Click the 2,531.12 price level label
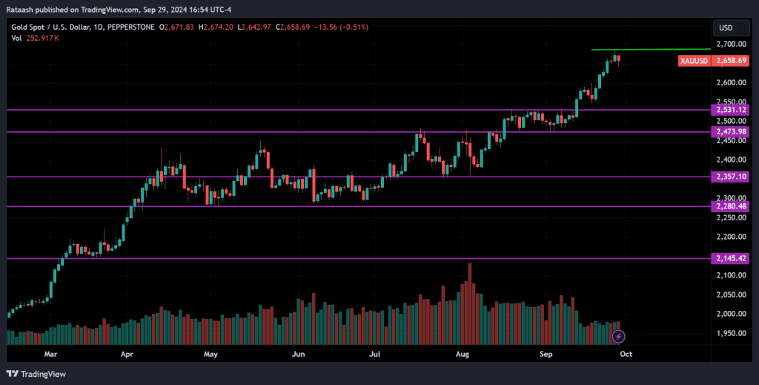coord(731,110)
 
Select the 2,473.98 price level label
coord(731,132)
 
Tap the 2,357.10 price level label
coord(731,177)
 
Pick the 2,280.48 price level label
coord(731,206)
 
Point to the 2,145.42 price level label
coord(731,258)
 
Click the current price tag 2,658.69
coord(731,60)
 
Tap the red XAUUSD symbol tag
coord(694,60)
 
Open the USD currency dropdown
coord(729,28)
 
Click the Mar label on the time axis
coord(50,355)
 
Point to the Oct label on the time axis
coord(625,355)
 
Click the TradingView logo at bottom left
coord(36,374)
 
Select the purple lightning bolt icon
coord(618,337)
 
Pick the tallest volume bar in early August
coord(470,303)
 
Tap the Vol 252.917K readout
coord(38,39)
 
